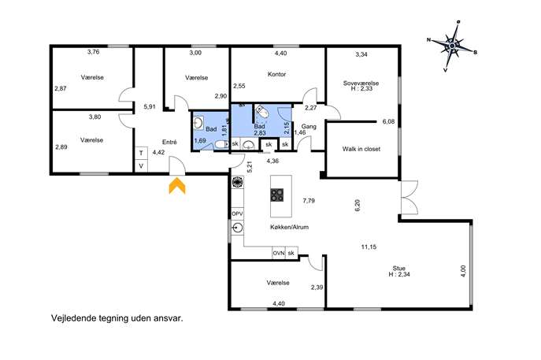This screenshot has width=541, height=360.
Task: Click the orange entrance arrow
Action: [177, 186]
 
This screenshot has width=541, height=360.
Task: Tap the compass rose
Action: [452, 46]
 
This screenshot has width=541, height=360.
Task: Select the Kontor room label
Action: [276, 74]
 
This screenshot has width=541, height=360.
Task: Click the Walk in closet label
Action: [361, 149]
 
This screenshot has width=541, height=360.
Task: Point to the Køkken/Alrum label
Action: [289, 227]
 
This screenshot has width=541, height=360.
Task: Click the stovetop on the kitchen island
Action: [277, 195]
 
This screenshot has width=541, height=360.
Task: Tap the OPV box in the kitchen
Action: [237, 214]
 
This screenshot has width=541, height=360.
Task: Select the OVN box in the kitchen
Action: [279, 253]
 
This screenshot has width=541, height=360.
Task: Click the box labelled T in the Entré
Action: [141, 153]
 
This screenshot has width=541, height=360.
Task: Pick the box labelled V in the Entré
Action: [141, 165]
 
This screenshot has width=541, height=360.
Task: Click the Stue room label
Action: [398, 268]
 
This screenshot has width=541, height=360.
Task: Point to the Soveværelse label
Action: [361, 84]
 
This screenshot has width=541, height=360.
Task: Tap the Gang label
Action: [309, 127]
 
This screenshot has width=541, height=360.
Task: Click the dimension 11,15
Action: [369, 247]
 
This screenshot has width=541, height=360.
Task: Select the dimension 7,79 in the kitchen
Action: [309, 201]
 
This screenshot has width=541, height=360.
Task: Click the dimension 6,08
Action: [388, 121]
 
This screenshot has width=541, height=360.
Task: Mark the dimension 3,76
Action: [94, 52]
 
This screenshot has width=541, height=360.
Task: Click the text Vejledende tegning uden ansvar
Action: [117, 318]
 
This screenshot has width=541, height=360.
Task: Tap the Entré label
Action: [169, 142]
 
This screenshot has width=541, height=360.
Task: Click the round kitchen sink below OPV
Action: [237, 228]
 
